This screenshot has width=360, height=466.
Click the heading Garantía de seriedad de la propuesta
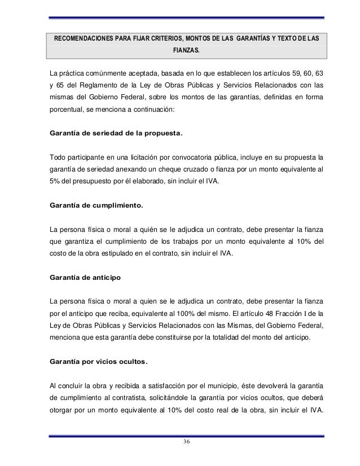click(x=117, y=134)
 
